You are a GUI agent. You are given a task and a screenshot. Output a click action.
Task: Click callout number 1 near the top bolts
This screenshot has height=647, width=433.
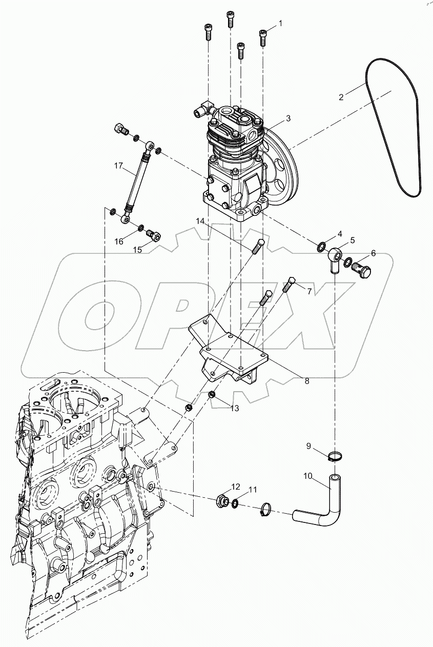click(x=280, y=23)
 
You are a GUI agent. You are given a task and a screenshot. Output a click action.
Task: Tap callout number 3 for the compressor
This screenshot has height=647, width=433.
click(x=288, y=118)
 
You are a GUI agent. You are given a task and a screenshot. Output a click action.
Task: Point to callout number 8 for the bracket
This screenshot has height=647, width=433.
click(x=306, y=381)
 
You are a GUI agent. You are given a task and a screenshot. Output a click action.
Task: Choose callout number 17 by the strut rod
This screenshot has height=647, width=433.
click(x=118, y=165)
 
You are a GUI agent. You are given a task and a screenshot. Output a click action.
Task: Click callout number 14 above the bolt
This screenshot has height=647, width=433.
click(x=200, y=221)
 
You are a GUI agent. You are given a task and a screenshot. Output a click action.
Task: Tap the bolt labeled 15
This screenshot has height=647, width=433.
click(x=154, y=236)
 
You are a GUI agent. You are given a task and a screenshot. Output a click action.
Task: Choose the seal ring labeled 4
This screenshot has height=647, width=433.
click(x=321, y=248)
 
